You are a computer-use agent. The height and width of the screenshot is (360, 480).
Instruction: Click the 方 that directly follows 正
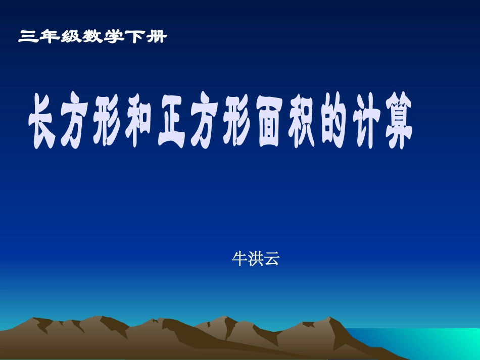[206, 123]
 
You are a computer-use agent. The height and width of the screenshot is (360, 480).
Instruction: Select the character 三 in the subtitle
[28, 37]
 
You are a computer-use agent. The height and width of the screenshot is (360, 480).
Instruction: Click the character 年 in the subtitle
[50, 37]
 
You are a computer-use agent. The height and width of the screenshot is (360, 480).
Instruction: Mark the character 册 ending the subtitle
[157, 37]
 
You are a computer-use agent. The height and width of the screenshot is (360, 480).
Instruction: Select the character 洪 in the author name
[255, 259]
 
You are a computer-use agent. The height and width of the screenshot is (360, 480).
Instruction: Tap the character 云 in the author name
[271, 259]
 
